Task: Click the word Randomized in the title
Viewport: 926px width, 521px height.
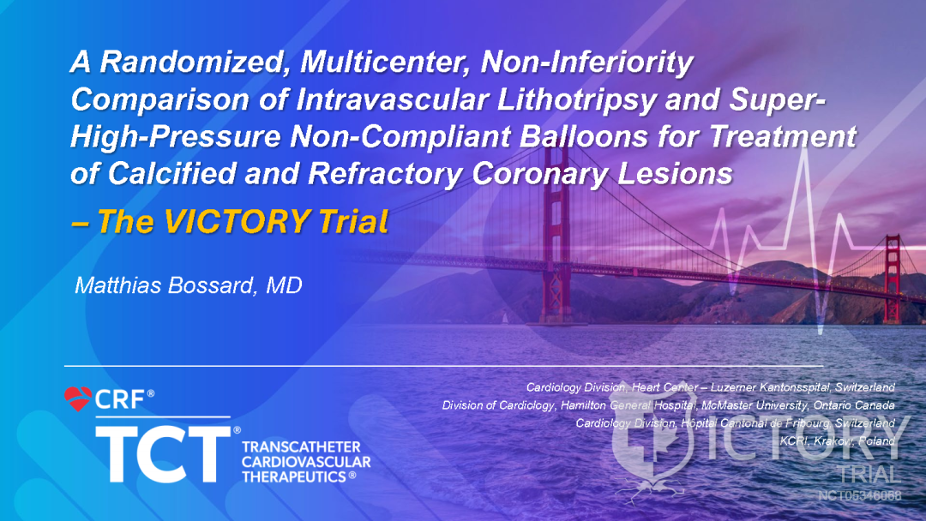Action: pyautogui.click(x=172, y=63)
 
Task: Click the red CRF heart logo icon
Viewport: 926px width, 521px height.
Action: pyautogui.click(x=78, y=398)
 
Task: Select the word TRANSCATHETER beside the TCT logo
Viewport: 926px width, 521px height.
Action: pyautogui.click(x=301, y=447)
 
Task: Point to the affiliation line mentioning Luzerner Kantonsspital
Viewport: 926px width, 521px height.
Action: pyautogui.click(x=711, y=387)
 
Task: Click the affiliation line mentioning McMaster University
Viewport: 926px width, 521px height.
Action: pyautogui.click(x=669, y=405)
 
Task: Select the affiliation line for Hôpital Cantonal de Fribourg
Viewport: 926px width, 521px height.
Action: pyautogui.click(x=735, y=423)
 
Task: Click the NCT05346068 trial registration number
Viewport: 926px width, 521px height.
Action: pyautogui.click(x=859, y=495)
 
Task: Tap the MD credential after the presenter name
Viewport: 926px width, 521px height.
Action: pyautogui.click(x=285, y=285)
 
